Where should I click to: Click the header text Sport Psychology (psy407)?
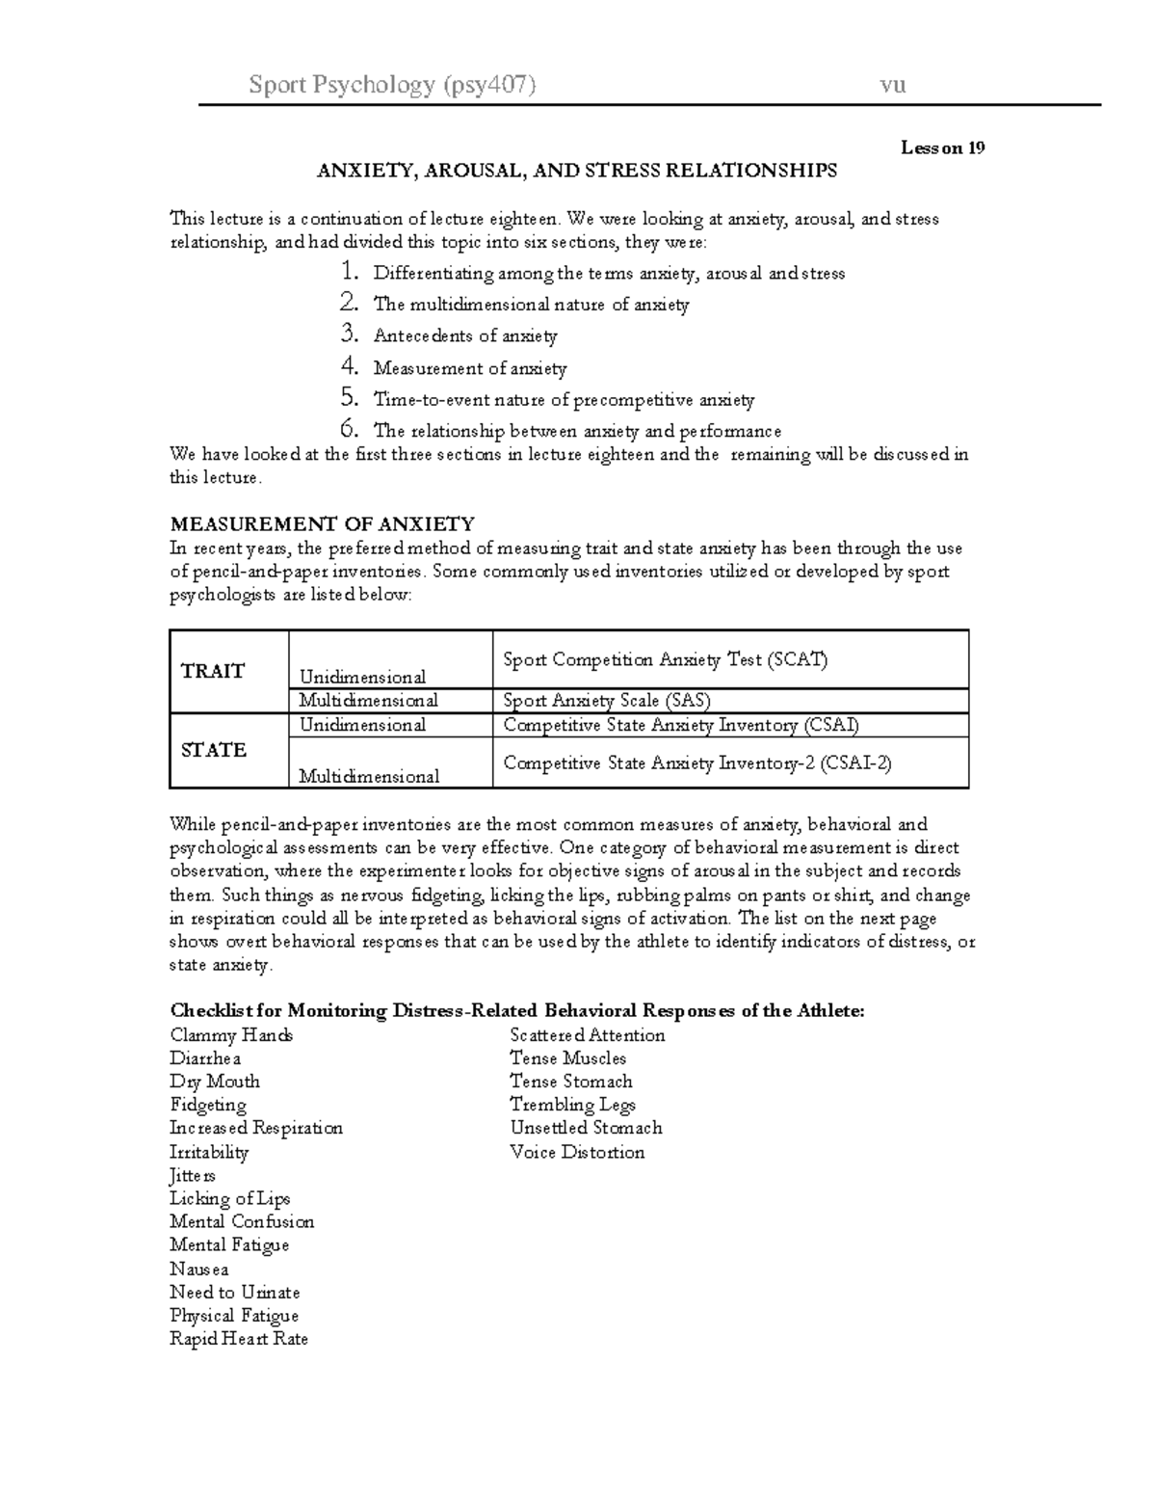[x=392, y=85]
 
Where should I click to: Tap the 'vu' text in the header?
[x=892, y=85]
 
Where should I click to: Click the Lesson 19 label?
[x=942, y=147]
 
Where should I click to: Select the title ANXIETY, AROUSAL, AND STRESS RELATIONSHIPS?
[x=577, y=171]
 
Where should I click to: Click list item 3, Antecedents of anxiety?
[x=465, y=336]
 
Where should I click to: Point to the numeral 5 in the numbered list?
[x=349, y=398]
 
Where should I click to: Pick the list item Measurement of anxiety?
[x=469, y=368]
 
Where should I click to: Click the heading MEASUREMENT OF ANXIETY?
[x=322, y=524]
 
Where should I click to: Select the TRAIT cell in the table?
[x=213, y=671]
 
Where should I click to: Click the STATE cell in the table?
[x=213, y=750]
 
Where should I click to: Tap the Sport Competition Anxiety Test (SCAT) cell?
[x=665, y=659]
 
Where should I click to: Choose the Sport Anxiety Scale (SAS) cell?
[x=607, y=701]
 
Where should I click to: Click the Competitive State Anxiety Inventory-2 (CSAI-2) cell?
[x=697, y=763]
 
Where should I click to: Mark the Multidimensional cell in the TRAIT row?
[x=368, y=701]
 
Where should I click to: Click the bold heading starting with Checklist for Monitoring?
[x=517, y=1011]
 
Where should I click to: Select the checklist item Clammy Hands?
[x=231, y=1035]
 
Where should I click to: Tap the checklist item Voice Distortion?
[x=577, y=1152]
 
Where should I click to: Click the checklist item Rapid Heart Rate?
[x=239, y=1339]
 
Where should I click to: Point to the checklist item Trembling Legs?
[x=572, y=1105]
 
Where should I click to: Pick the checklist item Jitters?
[x=192, y=1176]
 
